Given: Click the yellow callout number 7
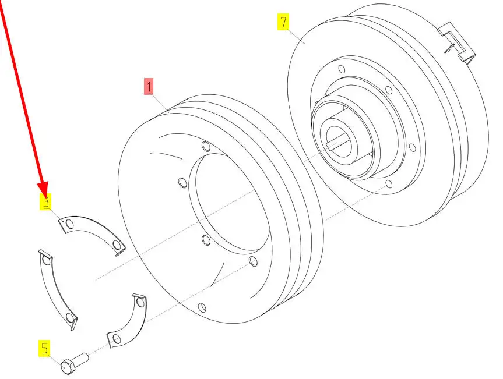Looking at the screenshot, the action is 284,22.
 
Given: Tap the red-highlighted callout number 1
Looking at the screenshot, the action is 149,86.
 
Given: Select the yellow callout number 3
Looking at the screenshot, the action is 45,202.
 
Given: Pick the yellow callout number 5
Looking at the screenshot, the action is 45,348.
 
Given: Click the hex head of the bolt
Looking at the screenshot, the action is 68,367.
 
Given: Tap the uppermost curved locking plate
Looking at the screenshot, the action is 93,234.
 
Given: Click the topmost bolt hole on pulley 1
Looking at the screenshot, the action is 206,147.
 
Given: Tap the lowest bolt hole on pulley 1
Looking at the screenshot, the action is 202,307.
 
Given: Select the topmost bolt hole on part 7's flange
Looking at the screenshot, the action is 342,69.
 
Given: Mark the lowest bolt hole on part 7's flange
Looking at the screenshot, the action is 389,184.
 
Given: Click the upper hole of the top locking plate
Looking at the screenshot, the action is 69,224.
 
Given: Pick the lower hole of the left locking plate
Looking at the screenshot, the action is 70,317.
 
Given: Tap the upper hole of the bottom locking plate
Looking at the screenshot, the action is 140,302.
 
